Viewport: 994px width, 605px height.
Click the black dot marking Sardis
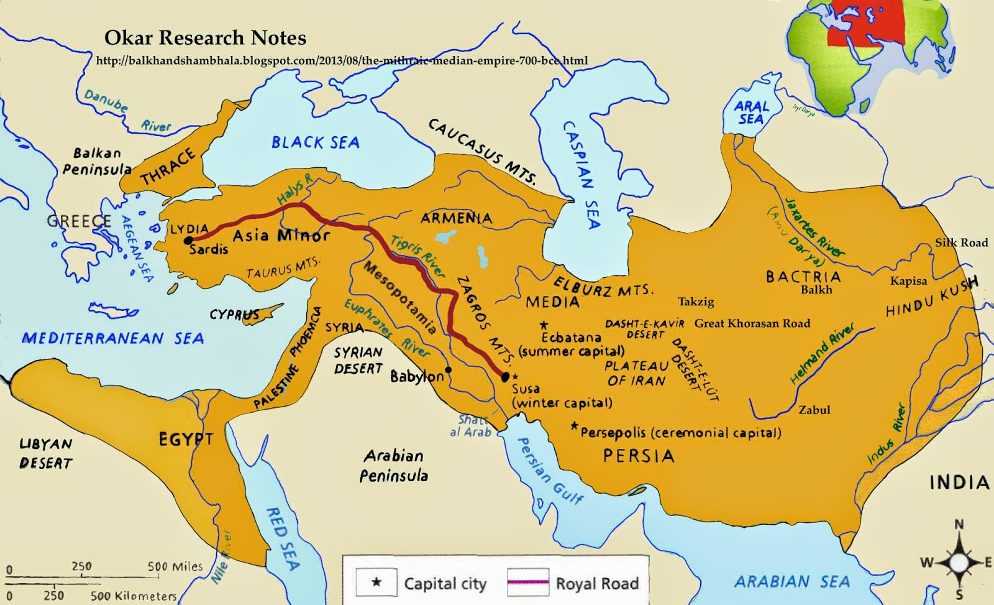pyautogui.click(x=188, y=241)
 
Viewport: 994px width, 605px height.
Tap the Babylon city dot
pyautogui.click(x=449, y=370)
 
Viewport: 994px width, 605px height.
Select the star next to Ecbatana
pyautogui.click(x=544, y=325)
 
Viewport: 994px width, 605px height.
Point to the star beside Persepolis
pyautogui.click(x=575, y=427)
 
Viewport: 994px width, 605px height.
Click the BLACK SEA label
pyautogui.click(x=316, y=142)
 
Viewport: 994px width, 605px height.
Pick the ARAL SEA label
pyautogui.click(x=752, y=113)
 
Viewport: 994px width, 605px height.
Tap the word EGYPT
pyautogui.click(x=186, y=440)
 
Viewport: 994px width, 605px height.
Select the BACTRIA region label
pyautogui.click(x=803, y=276)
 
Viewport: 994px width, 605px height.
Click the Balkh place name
pyautogui.click(x=816, y=290)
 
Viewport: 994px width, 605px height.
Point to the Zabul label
pyautogui.click(x=814, y=410)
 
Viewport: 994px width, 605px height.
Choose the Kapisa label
pyautogui.click(x=908, y=281)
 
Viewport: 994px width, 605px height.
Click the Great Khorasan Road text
pyautogui.click(x=752, y=323)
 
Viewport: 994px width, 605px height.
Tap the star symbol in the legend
pyautogui.click(x=376, y=583)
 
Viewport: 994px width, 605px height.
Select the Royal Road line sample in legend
pyautogui.click(x=528, y=583)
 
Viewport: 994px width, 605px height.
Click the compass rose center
pyautogui.click(x=959, y=562)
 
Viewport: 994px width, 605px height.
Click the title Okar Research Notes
pyautogui.click(x=205, y=38)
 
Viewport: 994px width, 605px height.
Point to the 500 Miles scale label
pyautogui.click(x=175, y=566)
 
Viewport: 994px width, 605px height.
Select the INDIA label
pyautogui.click(x=959, y=482)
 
